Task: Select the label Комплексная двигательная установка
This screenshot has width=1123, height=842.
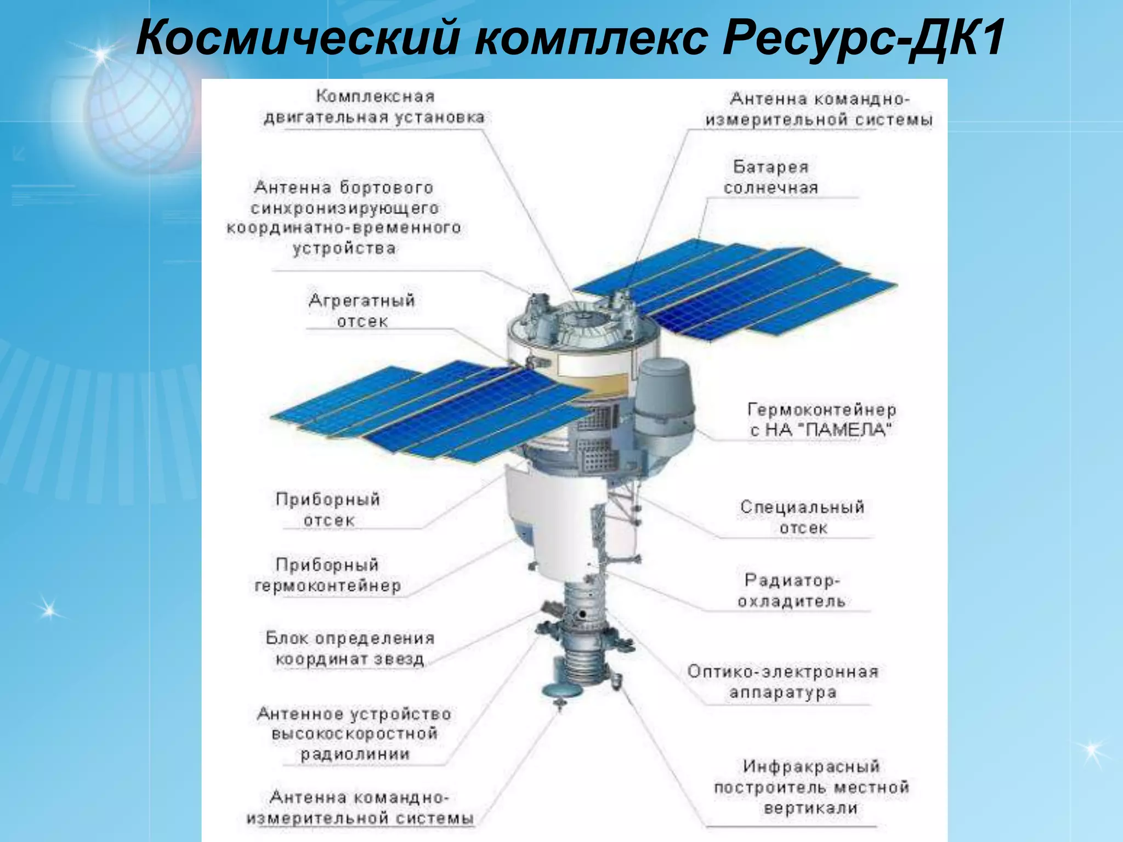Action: (375, 107)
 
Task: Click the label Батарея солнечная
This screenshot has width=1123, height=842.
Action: (770, 177)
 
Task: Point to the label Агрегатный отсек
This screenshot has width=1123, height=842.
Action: (362, 311)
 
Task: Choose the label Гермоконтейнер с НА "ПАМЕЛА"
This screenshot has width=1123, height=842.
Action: (821, 420)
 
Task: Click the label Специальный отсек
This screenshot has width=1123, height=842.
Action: (802, 517)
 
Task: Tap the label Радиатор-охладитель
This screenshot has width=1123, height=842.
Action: (791, 590)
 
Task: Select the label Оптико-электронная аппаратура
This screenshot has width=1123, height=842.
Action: (783, 682)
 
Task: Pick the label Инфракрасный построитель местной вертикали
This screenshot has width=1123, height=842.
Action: (811, 787)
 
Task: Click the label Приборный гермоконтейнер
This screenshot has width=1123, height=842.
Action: (327, 575)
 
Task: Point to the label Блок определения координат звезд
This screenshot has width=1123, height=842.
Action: (350, 648)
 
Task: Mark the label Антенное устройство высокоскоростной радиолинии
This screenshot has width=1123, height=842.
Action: (354, 733)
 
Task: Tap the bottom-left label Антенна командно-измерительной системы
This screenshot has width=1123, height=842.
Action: (360, 807)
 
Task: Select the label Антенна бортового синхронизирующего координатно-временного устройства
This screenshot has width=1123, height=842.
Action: (344, 218)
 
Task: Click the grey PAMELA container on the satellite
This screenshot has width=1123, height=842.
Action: (665, 406)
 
